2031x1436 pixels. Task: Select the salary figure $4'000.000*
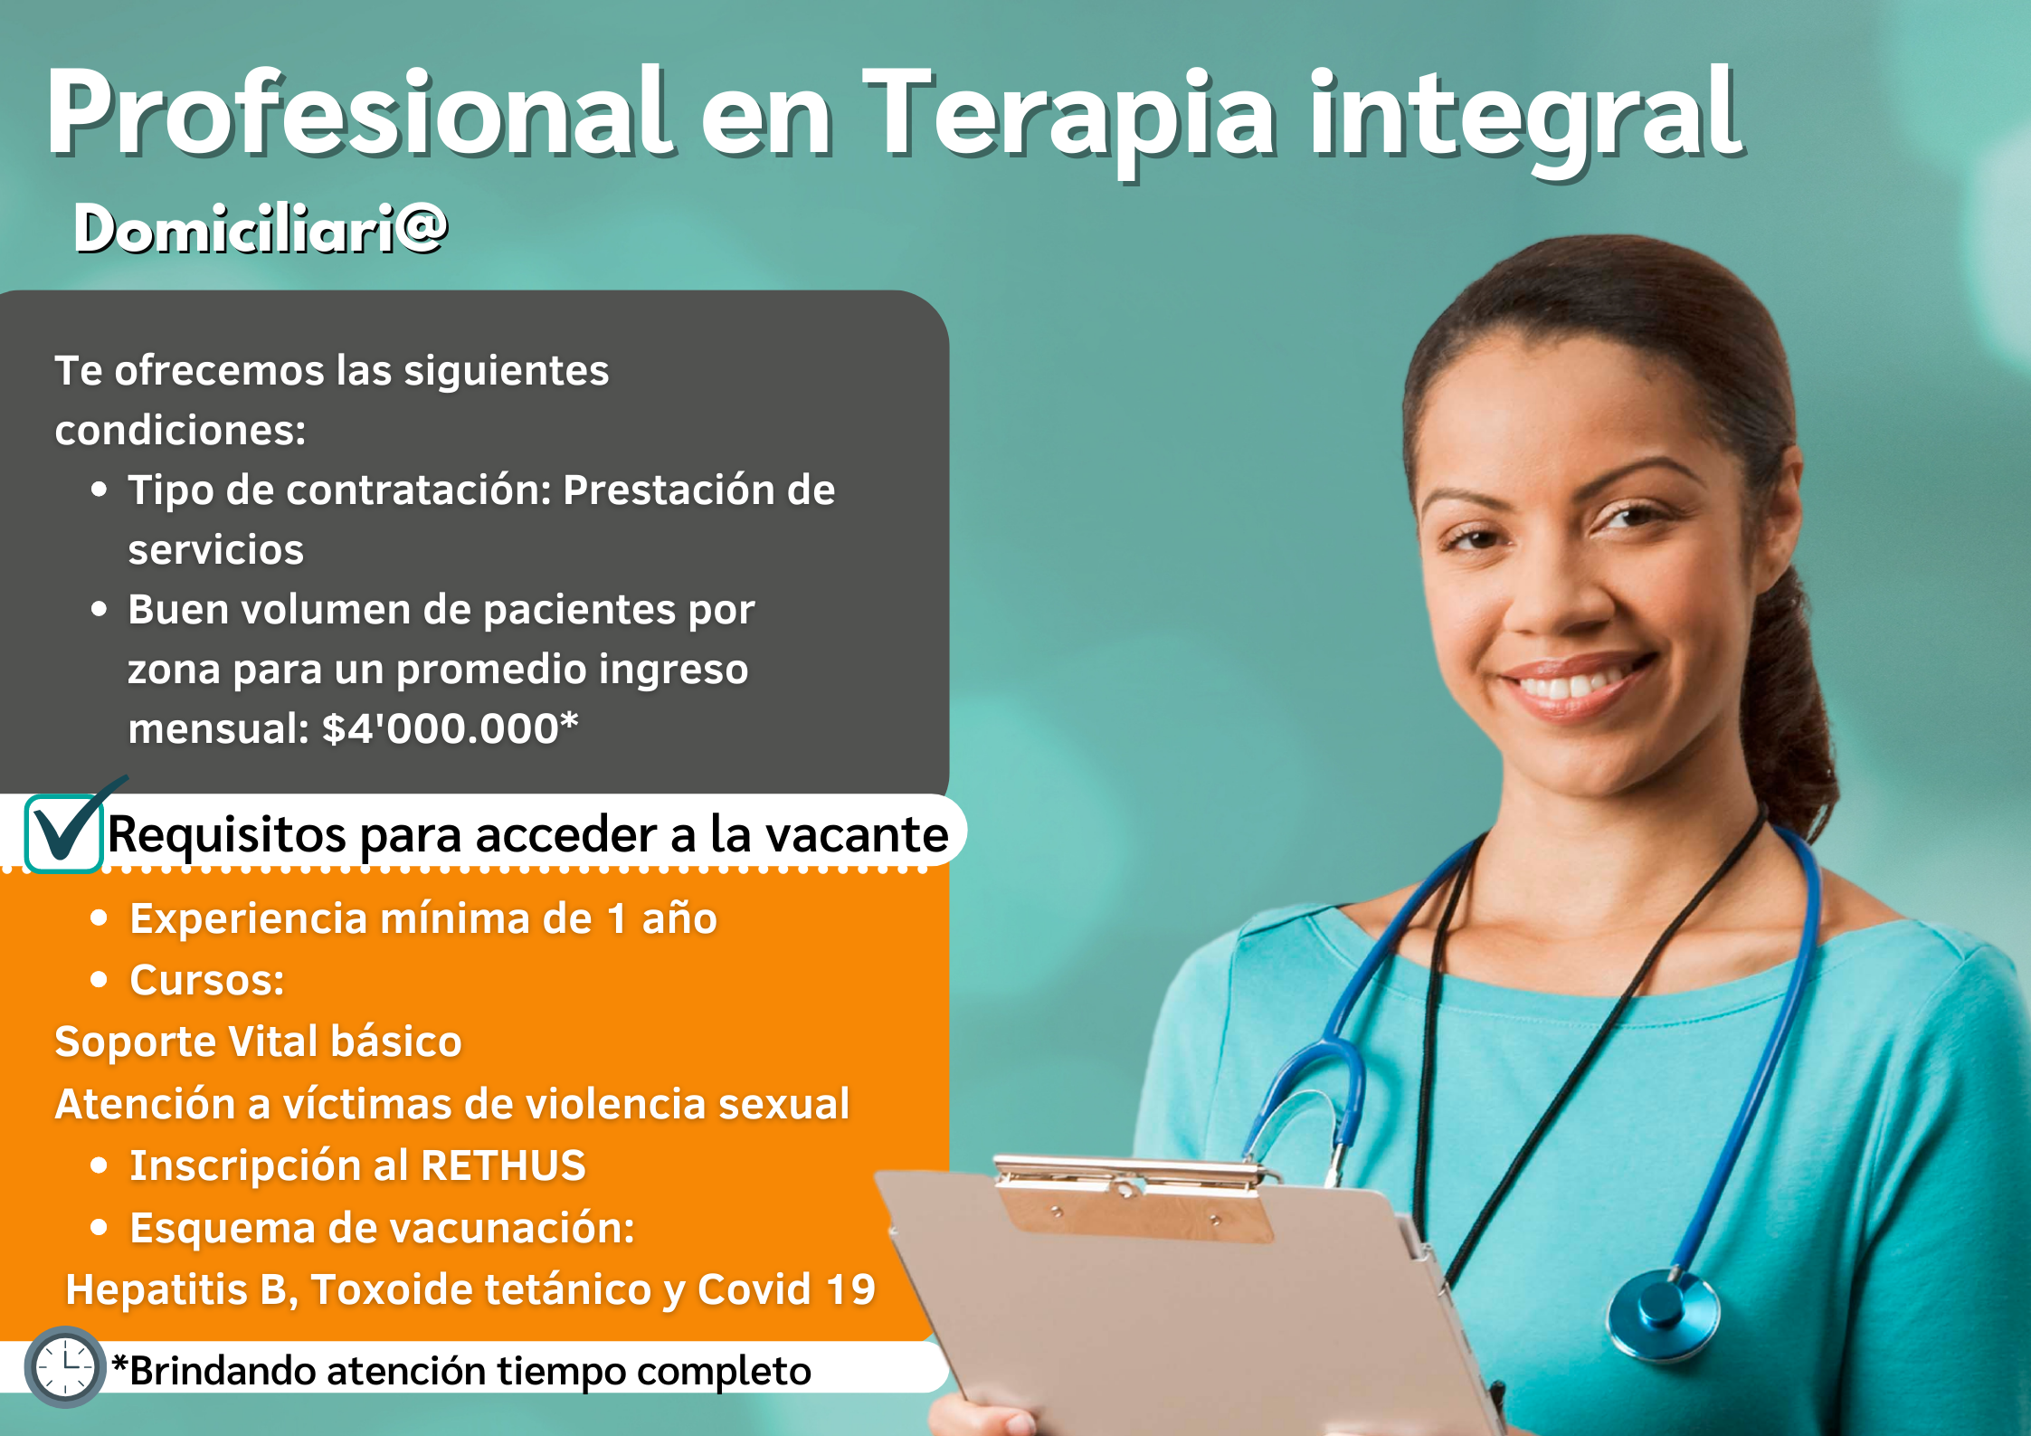coord(450,728)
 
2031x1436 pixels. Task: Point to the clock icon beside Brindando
coord(65,1367)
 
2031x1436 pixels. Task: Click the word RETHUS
coord(503,1165)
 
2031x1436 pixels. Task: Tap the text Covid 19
coord(786,1289)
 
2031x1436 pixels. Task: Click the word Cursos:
coord(207,980)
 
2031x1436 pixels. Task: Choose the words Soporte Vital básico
coord(259,1041)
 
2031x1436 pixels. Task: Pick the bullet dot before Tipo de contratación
coord(100,490)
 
